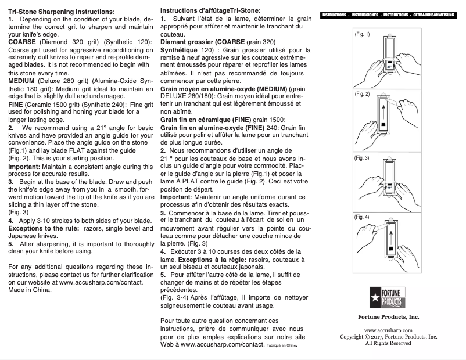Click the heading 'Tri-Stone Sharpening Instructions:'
tap(61, 12)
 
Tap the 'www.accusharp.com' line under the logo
tap(388, 330)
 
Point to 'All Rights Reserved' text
tap(388, 343)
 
